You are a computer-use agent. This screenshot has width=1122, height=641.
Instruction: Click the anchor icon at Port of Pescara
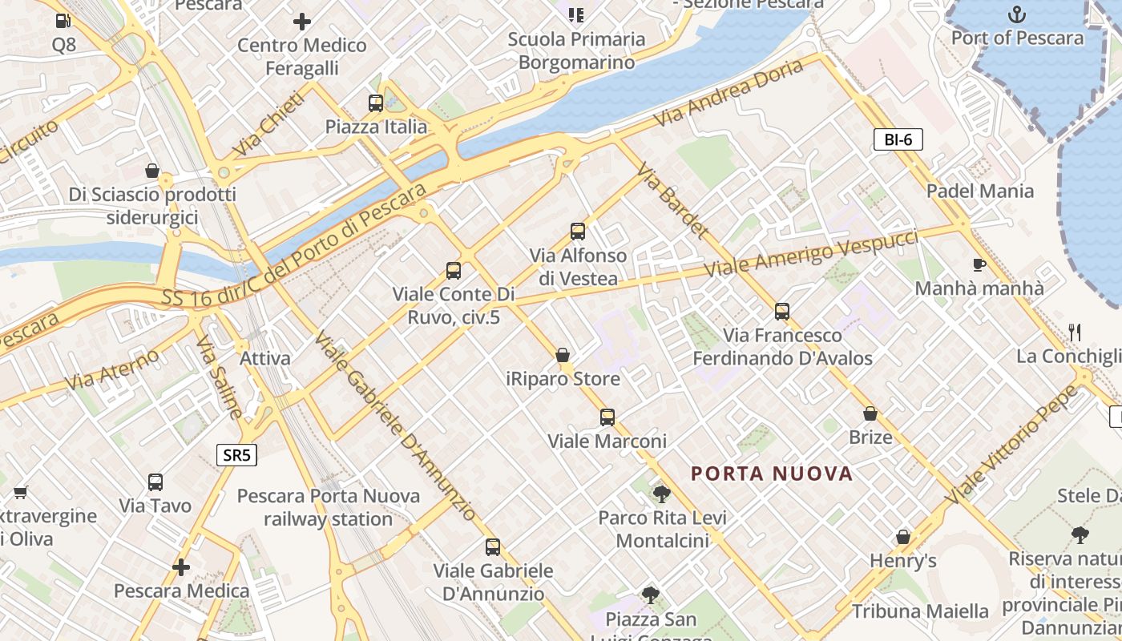tap(1016, 14)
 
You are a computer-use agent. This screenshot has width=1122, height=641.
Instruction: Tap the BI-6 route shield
tap(898, 140)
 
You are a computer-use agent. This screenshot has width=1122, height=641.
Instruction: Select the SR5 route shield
tap(236, 456)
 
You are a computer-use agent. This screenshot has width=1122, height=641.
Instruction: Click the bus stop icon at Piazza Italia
tap(375, 103)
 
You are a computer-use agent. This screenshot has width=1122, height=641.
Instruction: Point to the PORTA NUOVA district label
tap(772, 474)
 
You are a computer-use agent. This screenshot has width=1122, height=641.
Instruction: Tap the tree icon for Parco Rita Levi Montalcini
tap(661, 494)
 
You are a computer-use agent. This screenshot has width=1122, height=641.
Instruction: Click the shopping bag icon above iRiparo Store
tap(563, 355)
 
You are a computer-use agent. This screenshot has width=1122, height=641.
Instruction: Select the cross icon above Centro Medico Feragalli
tap(301, 22)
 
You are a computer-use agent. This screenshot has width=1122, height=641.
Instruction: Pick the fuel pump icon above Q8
tap(64, 21)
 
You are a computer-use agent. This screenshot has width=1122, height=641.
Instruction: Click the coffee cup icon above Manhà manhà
tap(979, 264)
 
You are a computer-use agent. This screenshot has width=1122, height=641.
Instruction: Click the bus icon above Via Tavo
tap(155, 482)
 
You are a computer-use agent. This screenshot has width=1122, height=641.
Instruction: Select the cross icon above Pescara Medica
tap(181, 567)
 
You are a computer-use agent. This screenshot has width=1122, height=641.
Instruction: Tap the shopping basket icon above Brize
tap(870, 413)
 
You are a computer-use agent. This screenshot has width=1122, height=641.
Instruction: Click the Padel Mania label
tap(979, 191)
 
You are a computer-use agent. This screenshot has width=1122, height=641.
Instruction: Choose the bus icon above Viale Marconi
tap(607, 417)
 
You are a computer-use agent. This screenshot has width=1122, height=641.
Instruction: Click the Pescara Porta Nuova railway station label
tap(329, 507)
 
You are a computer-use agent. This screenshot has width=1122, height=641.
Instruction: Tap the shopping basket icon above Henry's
tap(903, 537)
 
